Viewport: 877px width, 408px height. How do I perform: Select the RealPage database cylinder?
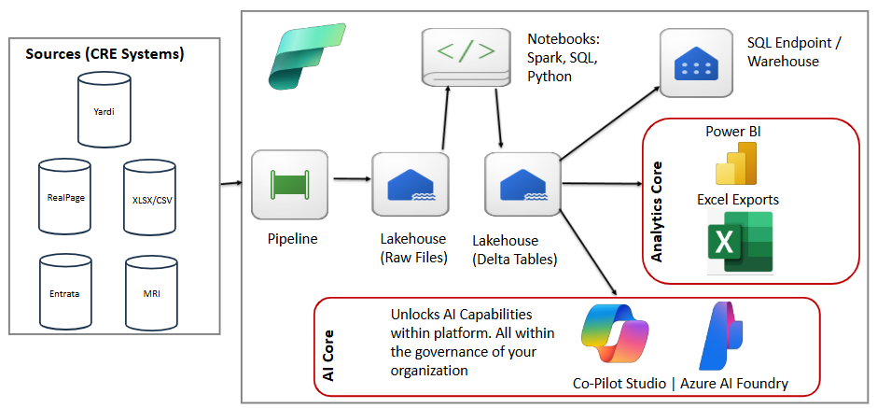[x=65, y=195]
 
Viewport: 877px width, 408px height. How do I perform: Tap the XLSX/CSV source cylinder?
[x=149, y=196]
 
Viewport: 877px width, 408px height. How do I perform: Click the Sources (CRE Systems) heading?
[x=104, y=53]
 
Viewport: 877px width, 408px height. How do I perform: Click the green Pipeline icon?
[x=285, y=184]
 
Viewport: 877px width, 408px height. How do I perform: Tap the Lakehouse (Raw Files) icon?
[x=407, y=185]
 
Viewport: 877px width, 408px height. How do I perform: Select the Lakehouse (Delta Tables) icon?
[x=521, y=185]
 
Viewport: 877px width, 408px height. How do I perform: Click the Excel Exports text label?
[x=737, y=199]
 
